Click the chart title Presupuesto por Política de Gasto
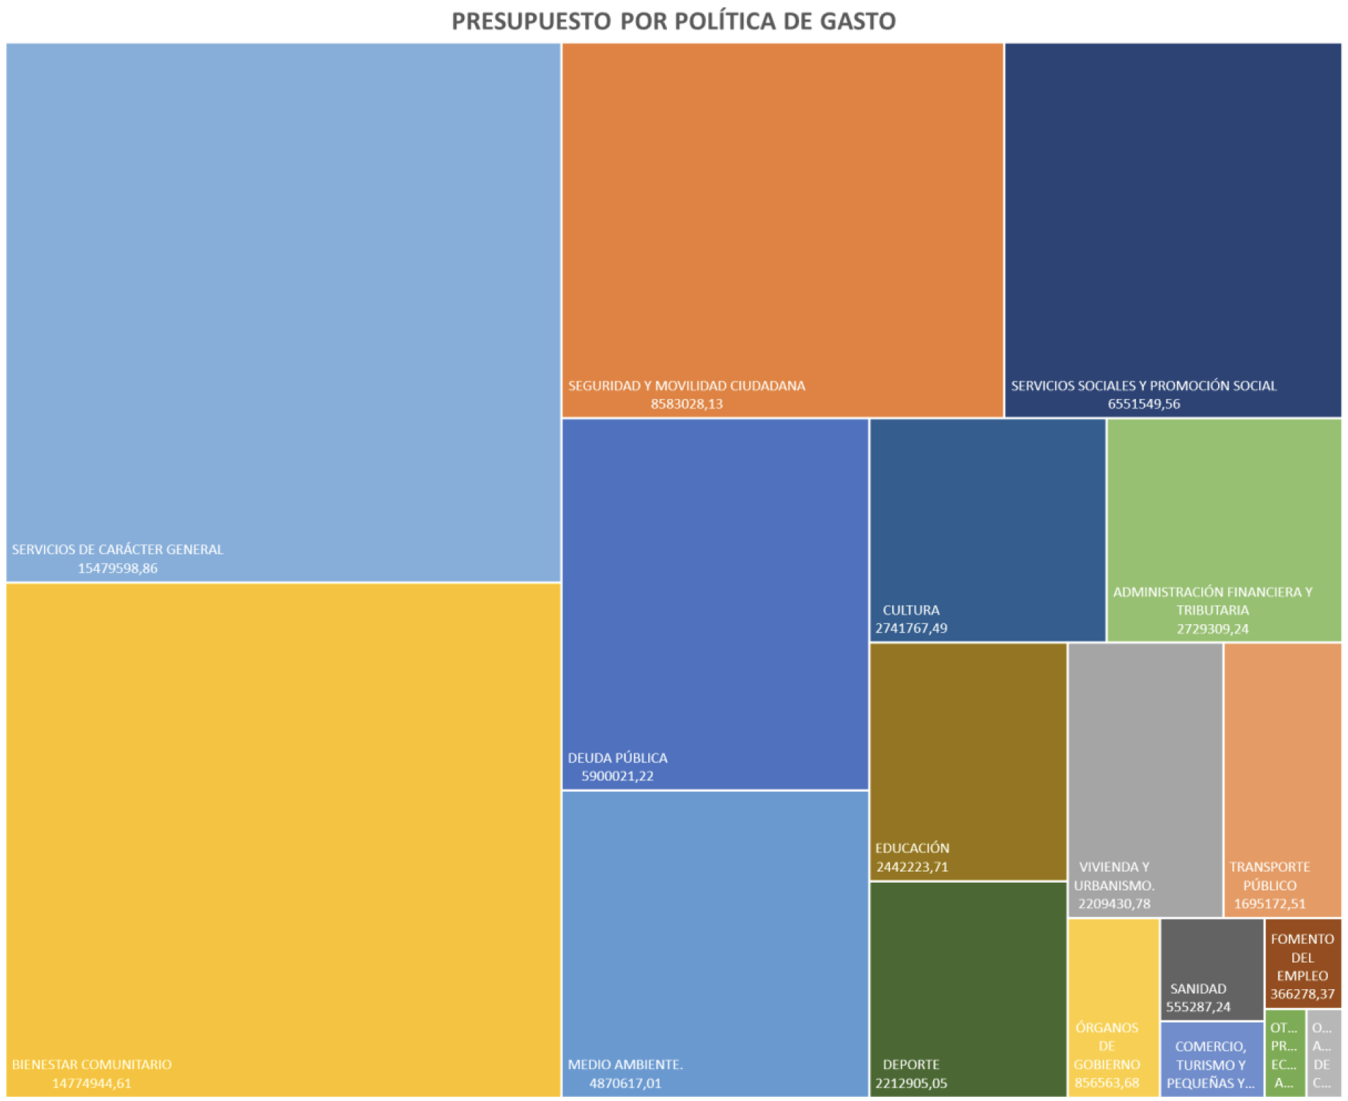(x=673, y=21)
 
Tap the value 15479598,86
(x=117, y=568)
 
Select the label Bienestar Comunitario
(x=92, y=1064)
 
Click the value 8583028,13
(x=687, y=404)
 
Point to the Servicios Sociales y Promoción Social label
(x=1144, y=386)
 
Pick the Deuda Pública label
(x=618, y=758)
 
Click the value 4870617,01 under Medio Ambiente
(x=625, y=1083)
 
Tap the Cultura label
(x=911, y=610)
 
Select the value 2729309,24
(x=1213, y=629)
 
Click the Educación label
(x=912, y=848)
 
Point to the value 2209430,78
(x=1115, y=904)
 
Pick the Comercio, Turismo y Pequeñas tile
(x=1212, y=1060)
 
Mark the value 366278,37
(x=1303, y=995)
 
